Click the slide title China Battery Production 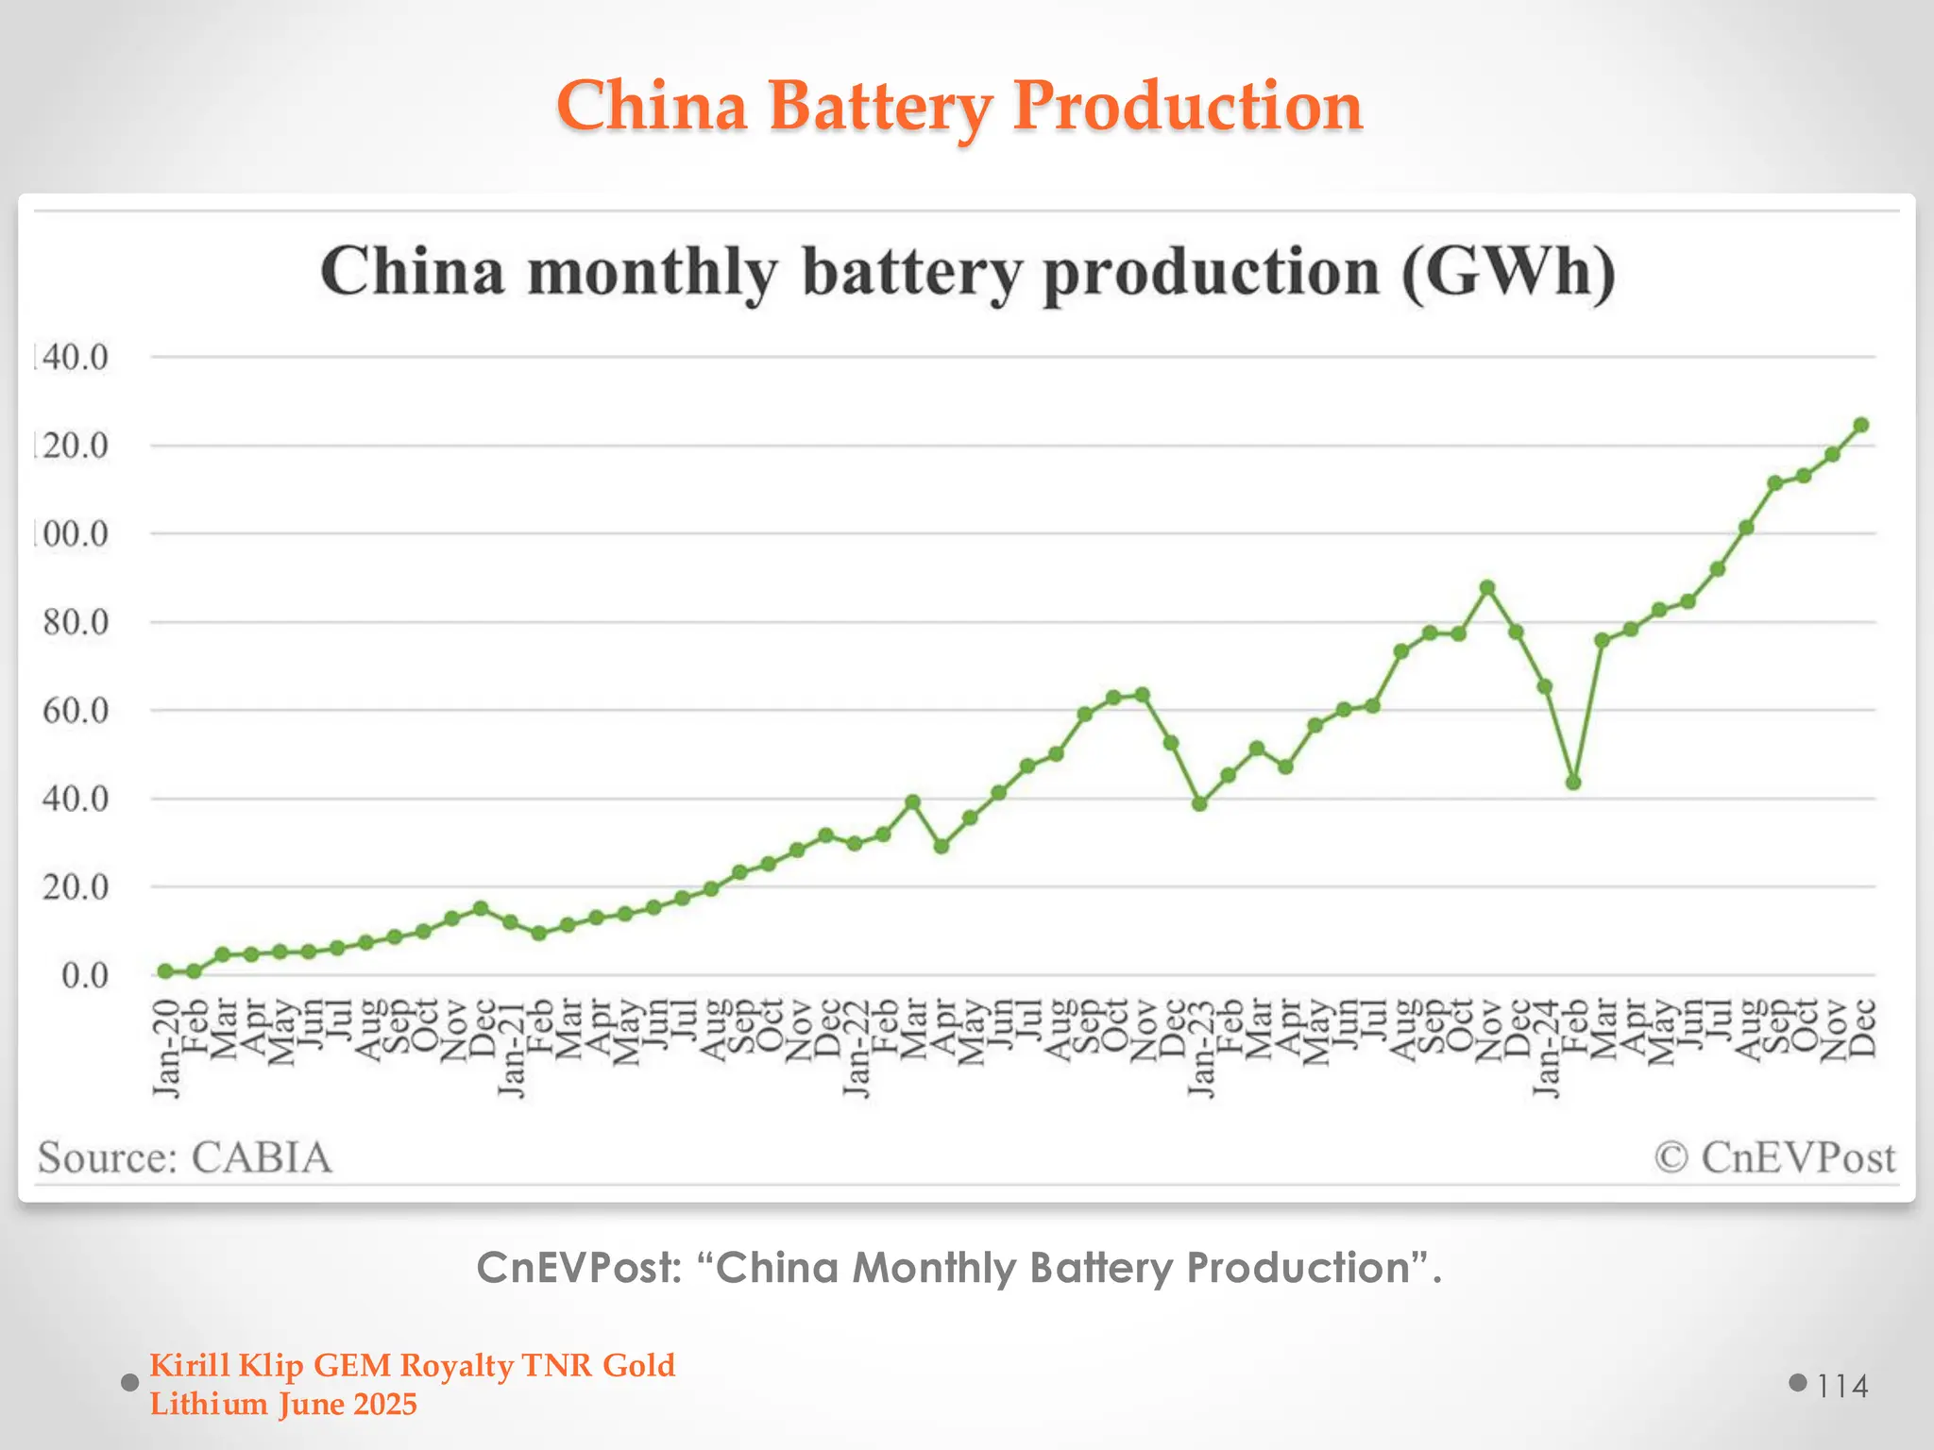959,106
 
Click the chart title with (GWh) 967,272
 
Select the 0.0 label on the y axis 85,976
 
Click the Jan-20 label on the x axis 166,1048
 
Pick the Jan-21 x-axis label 511,1048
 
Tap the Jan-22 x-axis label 856,1048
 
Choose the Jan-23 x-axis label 1200,1048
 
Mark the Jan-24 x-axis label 1545,1048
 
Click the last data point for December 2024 1861,426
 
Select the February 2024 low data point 1573,783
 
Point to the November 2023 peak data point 1487,587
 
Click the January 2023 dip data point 1199,804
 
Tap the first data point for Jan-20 165,971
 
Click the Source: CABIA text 185,1157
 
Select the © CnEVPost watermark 1774,1157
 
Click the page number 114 1842,1386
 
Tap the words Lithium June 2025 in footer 283,1405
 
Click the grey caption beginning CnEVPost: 959,1268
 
